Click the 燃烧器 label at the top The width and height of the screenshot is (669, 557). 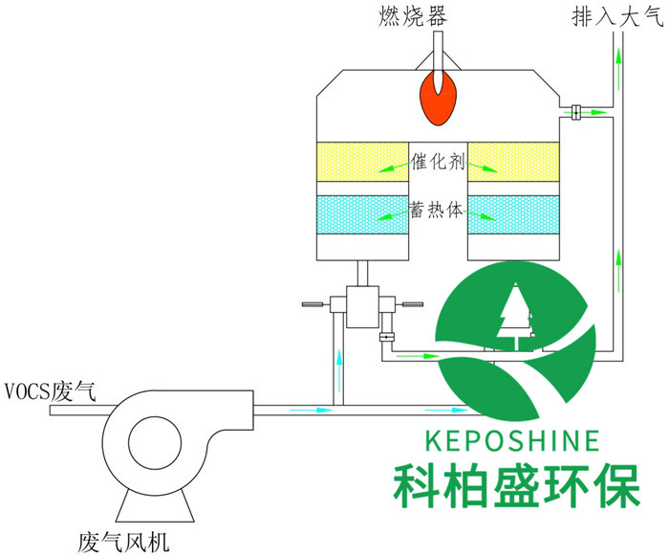pos(437,15)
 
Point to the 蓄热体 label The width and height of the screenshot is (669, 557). pos(437,211)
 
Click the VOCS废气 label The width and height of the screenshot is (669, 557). pos(48,390)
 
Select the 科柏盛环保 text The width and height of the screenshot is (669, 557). pos(516,487)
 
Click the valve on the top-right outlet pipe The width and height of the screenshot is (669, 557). pos(576,112)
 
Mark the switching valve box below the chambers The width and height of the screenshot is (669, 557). pos(363,306)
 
